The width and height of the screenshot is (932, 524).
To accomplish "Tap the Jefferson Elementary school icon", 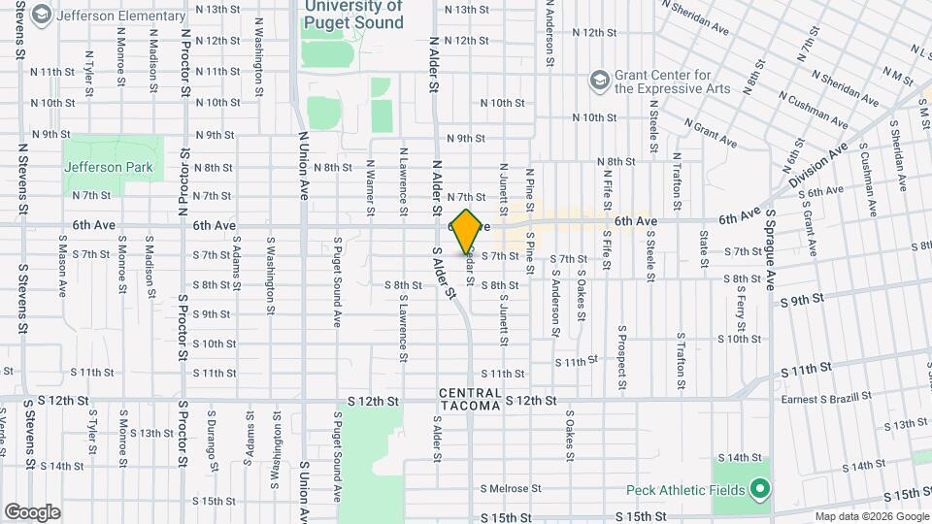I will click(x=41, y=15).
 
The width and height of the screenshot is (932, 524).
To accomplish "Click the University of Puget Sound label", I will click(x=353, y=8).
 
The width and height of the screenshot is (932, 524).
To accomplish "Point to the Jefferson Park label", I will click(x=109, y=167).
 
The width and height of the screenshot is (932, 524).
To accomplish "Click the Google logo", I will click(x=32, y=510).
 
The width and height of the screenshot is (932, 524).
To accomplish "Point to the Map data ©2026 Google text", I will click(x=871, y=516).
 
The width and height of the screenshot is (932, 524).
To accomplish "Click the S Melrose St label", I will click(x=510, y=488).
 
